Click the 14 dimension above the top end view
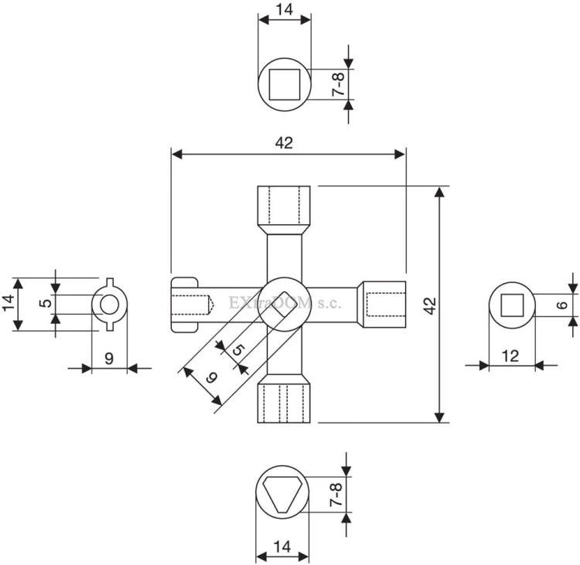(x=285, y=9)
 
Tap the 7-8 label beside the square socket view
(x=339, y=84)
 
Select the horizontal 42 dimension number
(x=284, y=143)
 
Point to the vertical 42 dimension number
(x=430, y=305)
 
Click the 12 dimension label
(x=510, y=356)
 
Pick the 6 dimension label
(x=562, y=305)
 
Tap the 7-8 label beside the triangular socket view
(x=336, y=495)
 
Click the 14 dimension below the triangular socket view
(x=282, y=546)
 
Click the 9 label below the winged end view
(x=109, y=359)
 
